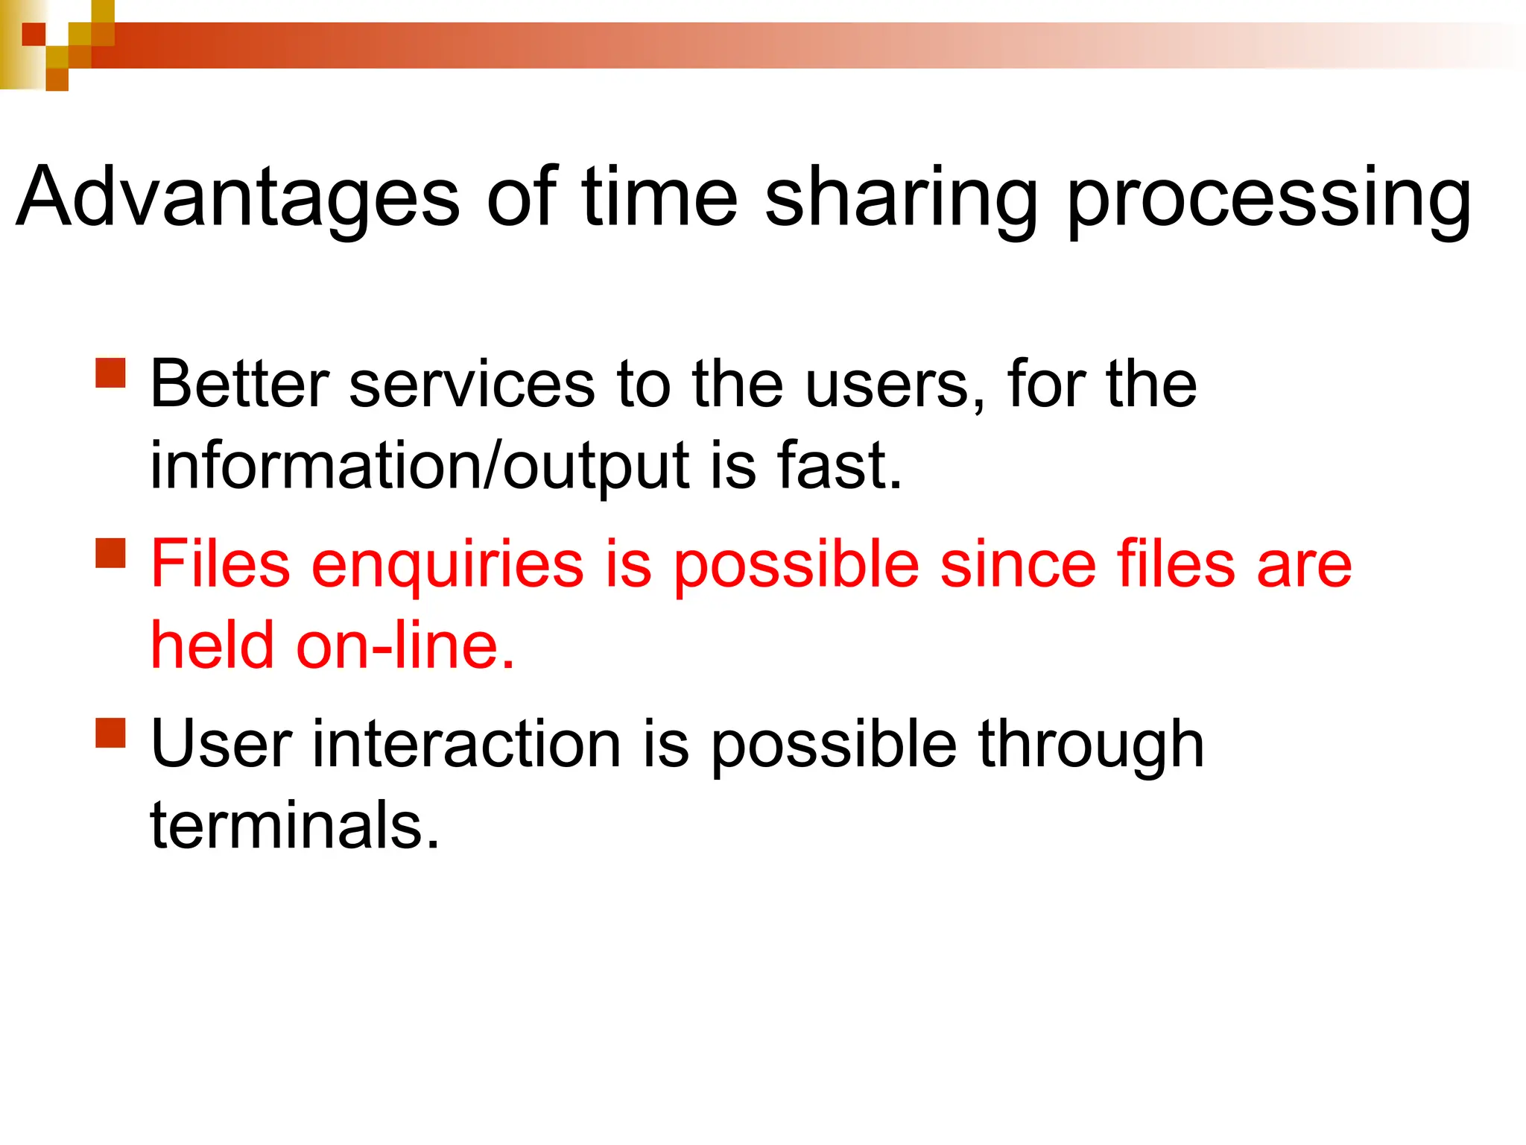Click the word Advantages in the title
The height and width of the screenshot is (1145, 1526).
238,198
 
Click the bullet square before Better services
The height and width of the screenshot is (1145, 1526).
111,373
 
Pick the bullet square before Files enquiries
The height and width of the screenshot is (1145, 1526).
111,553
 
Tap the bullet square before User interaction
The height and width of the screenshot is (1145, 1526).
111,732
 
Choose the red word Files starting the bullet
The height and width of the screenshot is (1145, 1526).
221,564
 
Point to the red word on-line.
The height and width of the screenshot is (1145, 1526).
405,646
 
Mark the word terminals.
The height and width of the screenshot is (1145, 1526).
295,826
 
